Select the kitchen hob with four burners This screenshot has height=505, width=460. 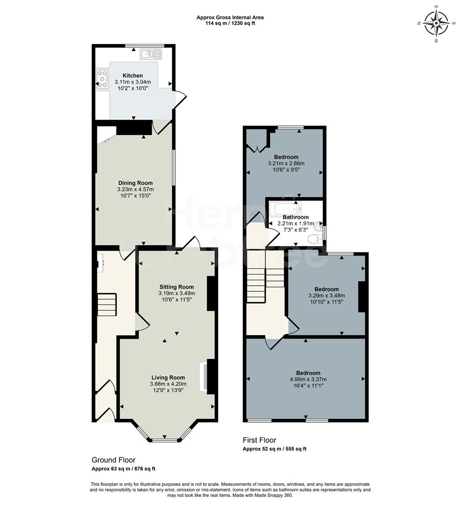(x=102, y=79)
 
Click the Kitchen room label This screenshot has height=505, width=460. (x=133, y=76)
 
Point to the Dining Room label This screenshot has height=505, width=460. (x=135, y=183)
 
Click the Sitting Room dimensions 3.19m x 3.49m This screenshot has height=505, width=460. (x=176, y=293)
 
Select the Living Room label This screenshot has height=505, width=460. (x=168, y=377)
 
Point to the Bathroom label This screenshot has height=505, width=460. (x=295, y=217)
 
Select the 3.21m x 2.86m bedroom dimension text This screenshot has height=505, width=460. (x=286, y=163)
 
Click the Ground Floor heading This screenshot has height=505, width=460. (x=113, y=460)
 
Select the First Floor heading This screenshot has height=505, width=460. (x=259, y=440)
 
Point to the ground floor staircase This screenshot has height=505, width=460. (x=106, y=304)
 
